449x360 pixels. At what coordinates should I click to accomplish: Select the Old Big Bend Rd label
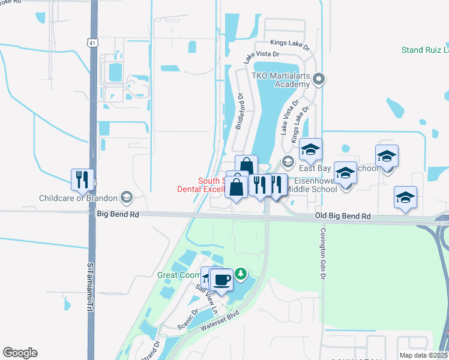click(x=342, y=216)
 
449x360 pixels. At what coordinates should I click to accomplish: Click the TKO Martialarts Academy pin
click(x=319, y=79)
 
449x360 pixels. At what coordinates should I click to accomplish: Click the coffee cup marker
click(x=221, y=280)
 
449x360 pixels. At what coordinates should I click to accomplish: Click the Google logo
click(x=20, y=353)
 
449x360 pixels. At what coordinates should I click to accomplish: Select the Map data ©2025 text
click(x=423, y=355)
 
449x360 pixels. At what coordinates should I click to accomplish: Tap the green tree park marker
click(x=241, y=274)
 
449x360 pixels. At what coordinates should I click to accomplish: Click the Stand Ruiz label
click(x=424, y=50)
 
